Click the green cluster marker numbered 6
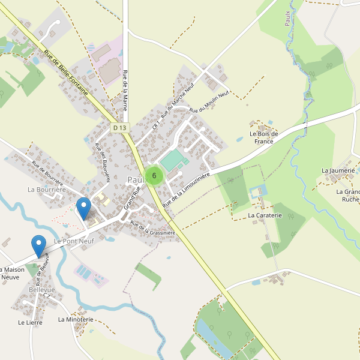(154, 176)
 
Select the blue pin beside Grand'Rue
(84, 208)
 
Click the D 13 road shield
(120, 128)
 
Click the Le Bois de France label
(263, 137)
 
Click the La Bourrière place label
(46, 190)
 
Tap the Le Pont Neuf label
(74, 241)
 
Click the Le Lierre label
(30, 322)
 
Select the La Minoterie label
(76, 320)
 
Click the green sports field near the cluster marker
(173, 160)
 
